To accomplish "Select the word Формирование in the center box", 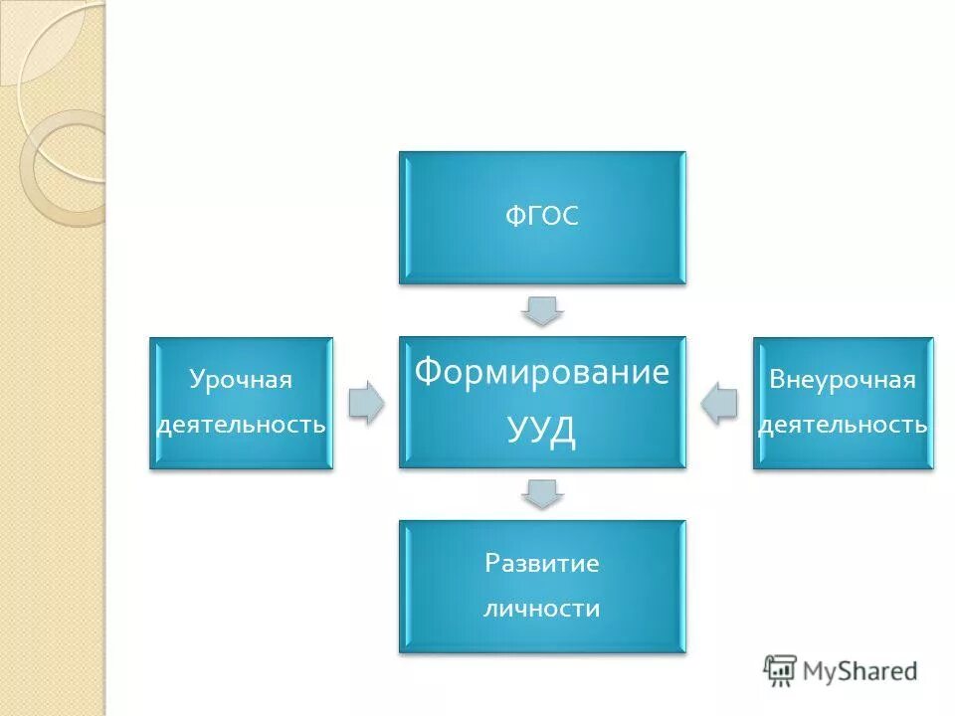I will coord(542,372).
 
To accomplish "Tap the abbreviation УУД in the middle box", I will coord(542,428).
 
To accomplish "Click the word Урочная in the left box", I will coord(241,380).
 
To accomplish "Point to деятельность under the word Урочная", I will coord(241,425).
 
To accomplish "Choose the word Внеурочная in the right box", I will coord(843,380).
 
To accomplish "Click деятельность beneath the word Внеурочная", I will coord(843,425).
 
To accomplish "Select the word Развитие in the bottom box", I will coord(542,564).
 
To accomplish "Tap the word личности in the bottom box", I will coord(542,608).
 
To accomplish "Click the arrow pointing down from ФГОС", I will coord(542,310).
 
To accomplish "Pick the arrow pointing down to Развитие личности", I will coord(542,493).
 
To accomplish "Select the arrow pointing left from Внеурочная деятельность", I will coord(719,403).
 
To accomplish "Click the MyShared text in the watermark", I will coord(860,671).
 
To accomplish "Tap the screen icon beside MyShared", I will coord(781,671).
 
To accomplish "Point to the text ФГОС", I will coord(542,217).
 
